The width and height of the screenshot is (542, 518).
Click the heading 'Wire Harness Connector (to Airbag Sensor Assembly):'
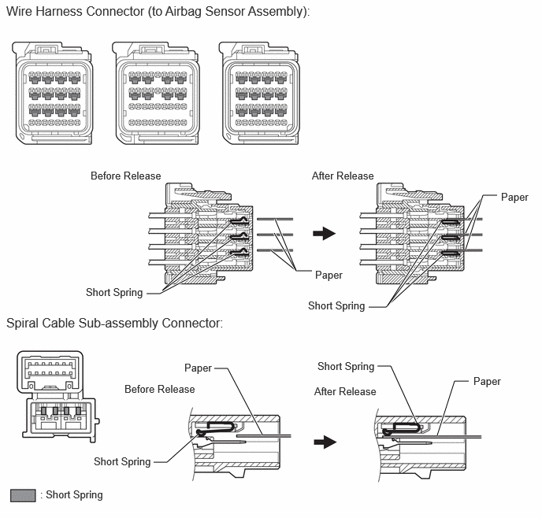[x=158, y=11]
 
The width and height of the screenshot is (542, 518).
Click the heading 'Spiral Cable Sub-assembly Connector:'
[x=115, y=324]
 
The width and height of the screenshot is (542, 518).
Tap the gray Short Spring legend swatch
[x=23, y=495]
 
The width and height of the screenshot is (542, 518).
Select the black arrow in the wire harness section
[x=325, y=233]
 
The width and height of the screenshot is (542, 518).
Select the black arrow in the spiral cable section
[x=325, y=442]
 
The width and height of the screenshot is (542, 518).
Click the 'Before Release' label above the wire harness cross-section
[x=126, y=176]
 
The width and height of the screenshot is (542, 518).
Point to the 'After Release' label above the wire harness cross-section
[x=343, y=176]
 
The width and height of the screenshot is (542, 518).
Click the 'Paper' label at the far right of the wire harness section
[x=514, y=197]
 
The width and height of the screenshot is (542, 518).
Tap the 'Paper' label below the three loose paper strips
[x=329, y=276]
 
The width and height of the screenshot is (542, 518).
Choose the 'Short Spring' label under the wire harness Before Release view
[x=114, y=293]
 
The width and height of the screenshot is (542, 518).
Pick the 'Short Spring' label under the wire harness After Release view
[x=336, y=306]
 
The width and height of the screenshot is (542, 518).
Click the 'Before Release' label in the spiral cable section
[x=160, y=389]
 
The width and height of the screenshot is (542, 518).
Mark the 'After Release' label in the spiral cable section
[x=345, y=391]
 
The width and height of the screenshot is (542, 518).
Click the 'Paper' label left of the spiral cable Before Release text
[x=198, y=368]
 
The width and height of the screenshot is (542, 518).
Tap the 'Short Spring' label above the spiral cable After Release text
[x=346, y=366]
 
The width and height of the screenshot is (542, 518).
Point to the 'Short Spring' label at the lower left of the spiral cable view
[x=122, y=461]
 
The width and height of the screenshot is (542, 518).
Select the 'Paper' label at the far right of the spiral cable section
[x=487, y=382]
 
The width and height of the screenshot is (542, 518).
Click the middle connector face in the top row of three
[x=157, y=93]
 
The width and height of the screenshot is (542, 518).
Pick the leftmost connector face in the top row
[x=52, y=93]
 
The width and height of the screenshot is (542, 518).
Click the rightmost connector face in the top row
[x=259, y=93]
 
